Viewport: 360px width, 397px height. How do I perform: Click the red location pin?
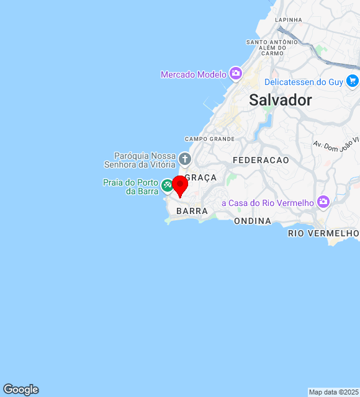coord(180,185)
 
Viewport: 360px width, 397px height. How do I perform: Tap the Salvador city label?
coord(281,100)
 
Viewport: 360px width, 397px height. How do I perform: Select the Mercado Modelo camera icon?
coord(235,74)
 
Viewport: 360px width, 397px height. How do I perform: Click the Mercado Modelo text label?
coord(194,74)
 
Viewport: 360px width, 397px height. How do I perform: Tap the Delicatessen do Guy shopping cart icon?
coord(353,81)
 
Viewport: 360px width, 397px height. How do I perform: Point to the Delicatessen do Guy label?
coord(304,82)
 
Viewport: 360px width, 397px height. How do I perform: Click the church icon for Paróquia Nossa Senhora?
coord(184,159)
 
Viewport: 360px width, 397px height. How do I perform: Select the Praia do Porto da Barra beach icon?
coord(167,185)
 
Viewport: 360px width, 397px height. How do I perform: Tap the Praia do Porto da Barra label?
coord(132,187)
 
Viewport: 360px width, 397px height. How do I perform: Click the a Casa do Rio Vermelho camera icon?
coord(323,202)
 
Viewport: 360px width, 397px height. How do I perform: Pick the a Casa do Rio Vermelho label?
coord(268,203)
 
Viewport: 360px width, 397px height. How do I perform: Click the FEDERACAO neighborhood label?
coord(261,160)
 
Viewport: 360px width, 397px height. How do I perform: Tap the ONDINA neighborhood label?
coord(253,221)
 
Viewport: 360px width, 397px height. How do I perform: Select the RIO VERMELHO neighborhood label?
coord(323,233)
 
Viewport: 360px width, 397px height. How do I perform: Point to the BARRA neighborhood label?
coord(192,212)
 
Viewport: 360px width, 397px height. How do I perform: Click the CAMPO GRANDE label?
coord(210,139)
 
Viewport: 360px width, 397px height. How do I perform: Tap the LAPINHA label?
coord(289,20)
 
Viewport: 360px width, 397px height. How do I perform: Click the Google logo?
coord(20,390)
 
